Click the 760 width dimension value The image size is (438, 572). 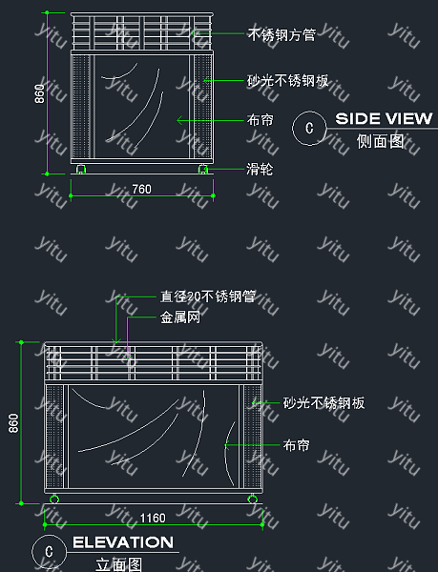coord(141,189)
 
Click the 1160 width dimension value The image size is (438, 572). coord(153,518)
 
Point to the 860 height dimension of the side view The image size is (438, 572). coord(39,93)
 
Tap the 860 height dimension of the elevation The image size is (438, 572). coord(13,423)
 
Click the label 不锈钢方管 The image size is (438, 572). coord(282,35)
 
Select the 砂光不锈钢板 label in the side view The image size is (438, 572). coord(288,81)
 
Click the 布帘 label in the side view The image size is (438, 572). coord(261,120)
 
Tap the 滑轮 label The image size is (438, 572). coord(260,170)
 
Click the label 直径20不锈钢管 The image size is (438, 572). coord(208,296)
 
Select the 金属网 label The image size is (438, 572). coord(180,317)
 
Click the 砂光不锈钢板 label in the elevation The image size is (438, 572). coord(324,403)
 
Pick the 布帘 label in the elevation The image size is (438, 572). coord(297,445)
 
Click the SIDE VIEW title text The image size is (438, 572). coord(384,118)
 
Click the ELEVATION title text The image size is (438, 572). coord(123,542)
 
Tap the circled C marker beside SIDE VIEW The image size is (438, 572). coord(309,128)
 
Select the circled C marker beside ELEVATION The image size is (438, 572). coord(49,552)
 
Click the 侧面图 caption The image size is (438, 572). coord(381,141)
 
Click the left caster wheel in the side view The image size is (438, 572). coord(81,169)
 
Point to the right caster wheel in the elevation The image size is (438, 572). coord(252,499)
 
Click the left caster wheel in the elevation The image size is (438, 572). coord(54,499)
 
